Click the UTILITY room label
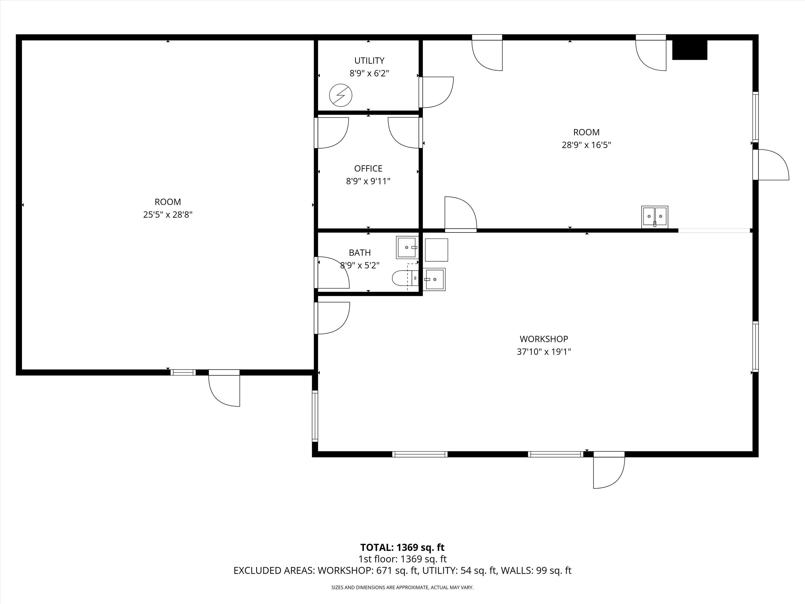click(369, 60)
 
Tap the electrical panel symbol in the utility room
click(341, 95)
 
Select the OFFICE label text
click(368, 169)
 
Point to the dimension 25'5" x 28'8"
click(167, 215)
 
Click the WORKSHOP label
click(543, 339)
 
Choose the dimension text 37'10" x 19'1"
click(543, 352)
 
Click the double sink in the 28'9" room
click(654, 217)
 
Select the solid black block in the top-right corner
click(689, 50)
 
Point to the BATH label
click(360, 253)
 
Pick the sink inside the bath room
click(407, 247)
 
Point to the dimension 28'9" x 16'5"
click(586, 145)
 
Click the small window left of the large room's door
click(183, 372)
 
